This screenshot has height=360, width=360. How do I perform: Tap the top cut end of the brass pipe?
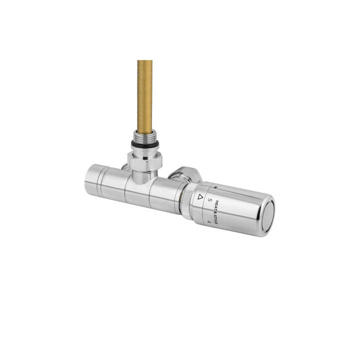pos(145,61)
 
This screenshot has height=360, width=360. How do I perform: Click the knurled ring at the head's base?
pos(189,202)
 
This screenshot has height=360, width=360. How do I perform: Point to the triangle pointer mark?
pos(201,196)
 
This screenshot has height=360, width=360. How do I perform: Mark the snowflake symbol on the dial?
pos(215,187)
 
